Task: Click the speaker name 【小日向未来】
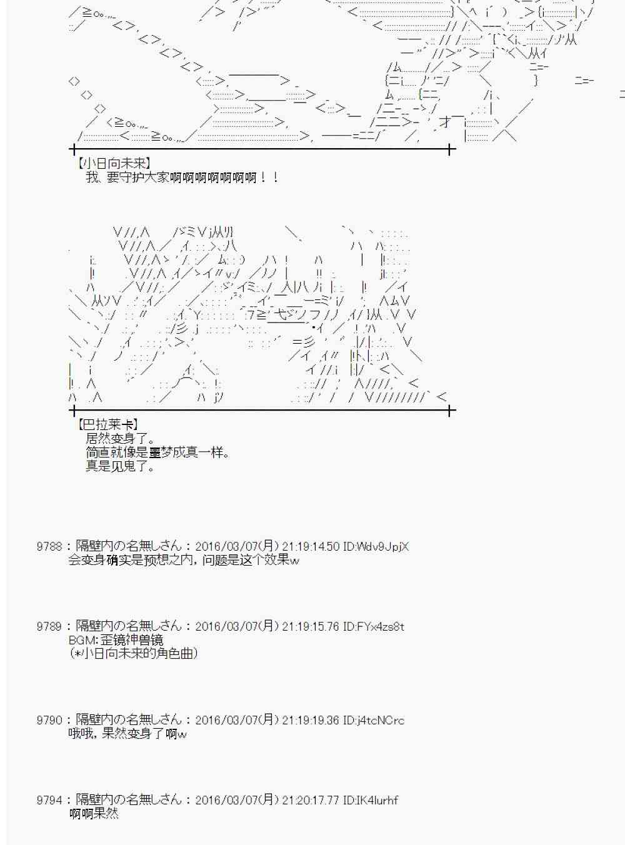(113, 164)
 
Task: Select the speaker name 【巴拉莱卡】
(107, 425)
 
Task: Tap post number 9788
(49, 547)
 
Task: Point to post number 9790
(49, 721)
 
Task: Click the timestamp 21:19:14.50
(311, 547)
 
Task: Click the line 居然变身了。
(120, 439)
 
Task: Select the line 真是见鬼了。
(120, 466)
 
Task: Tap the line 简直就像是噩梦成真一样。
(157, 452)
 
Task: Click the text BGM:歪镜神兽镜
(116, 640)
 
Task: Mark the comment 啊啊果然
(94, 814)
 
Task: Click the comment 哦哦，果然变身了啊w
(127, 734)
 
